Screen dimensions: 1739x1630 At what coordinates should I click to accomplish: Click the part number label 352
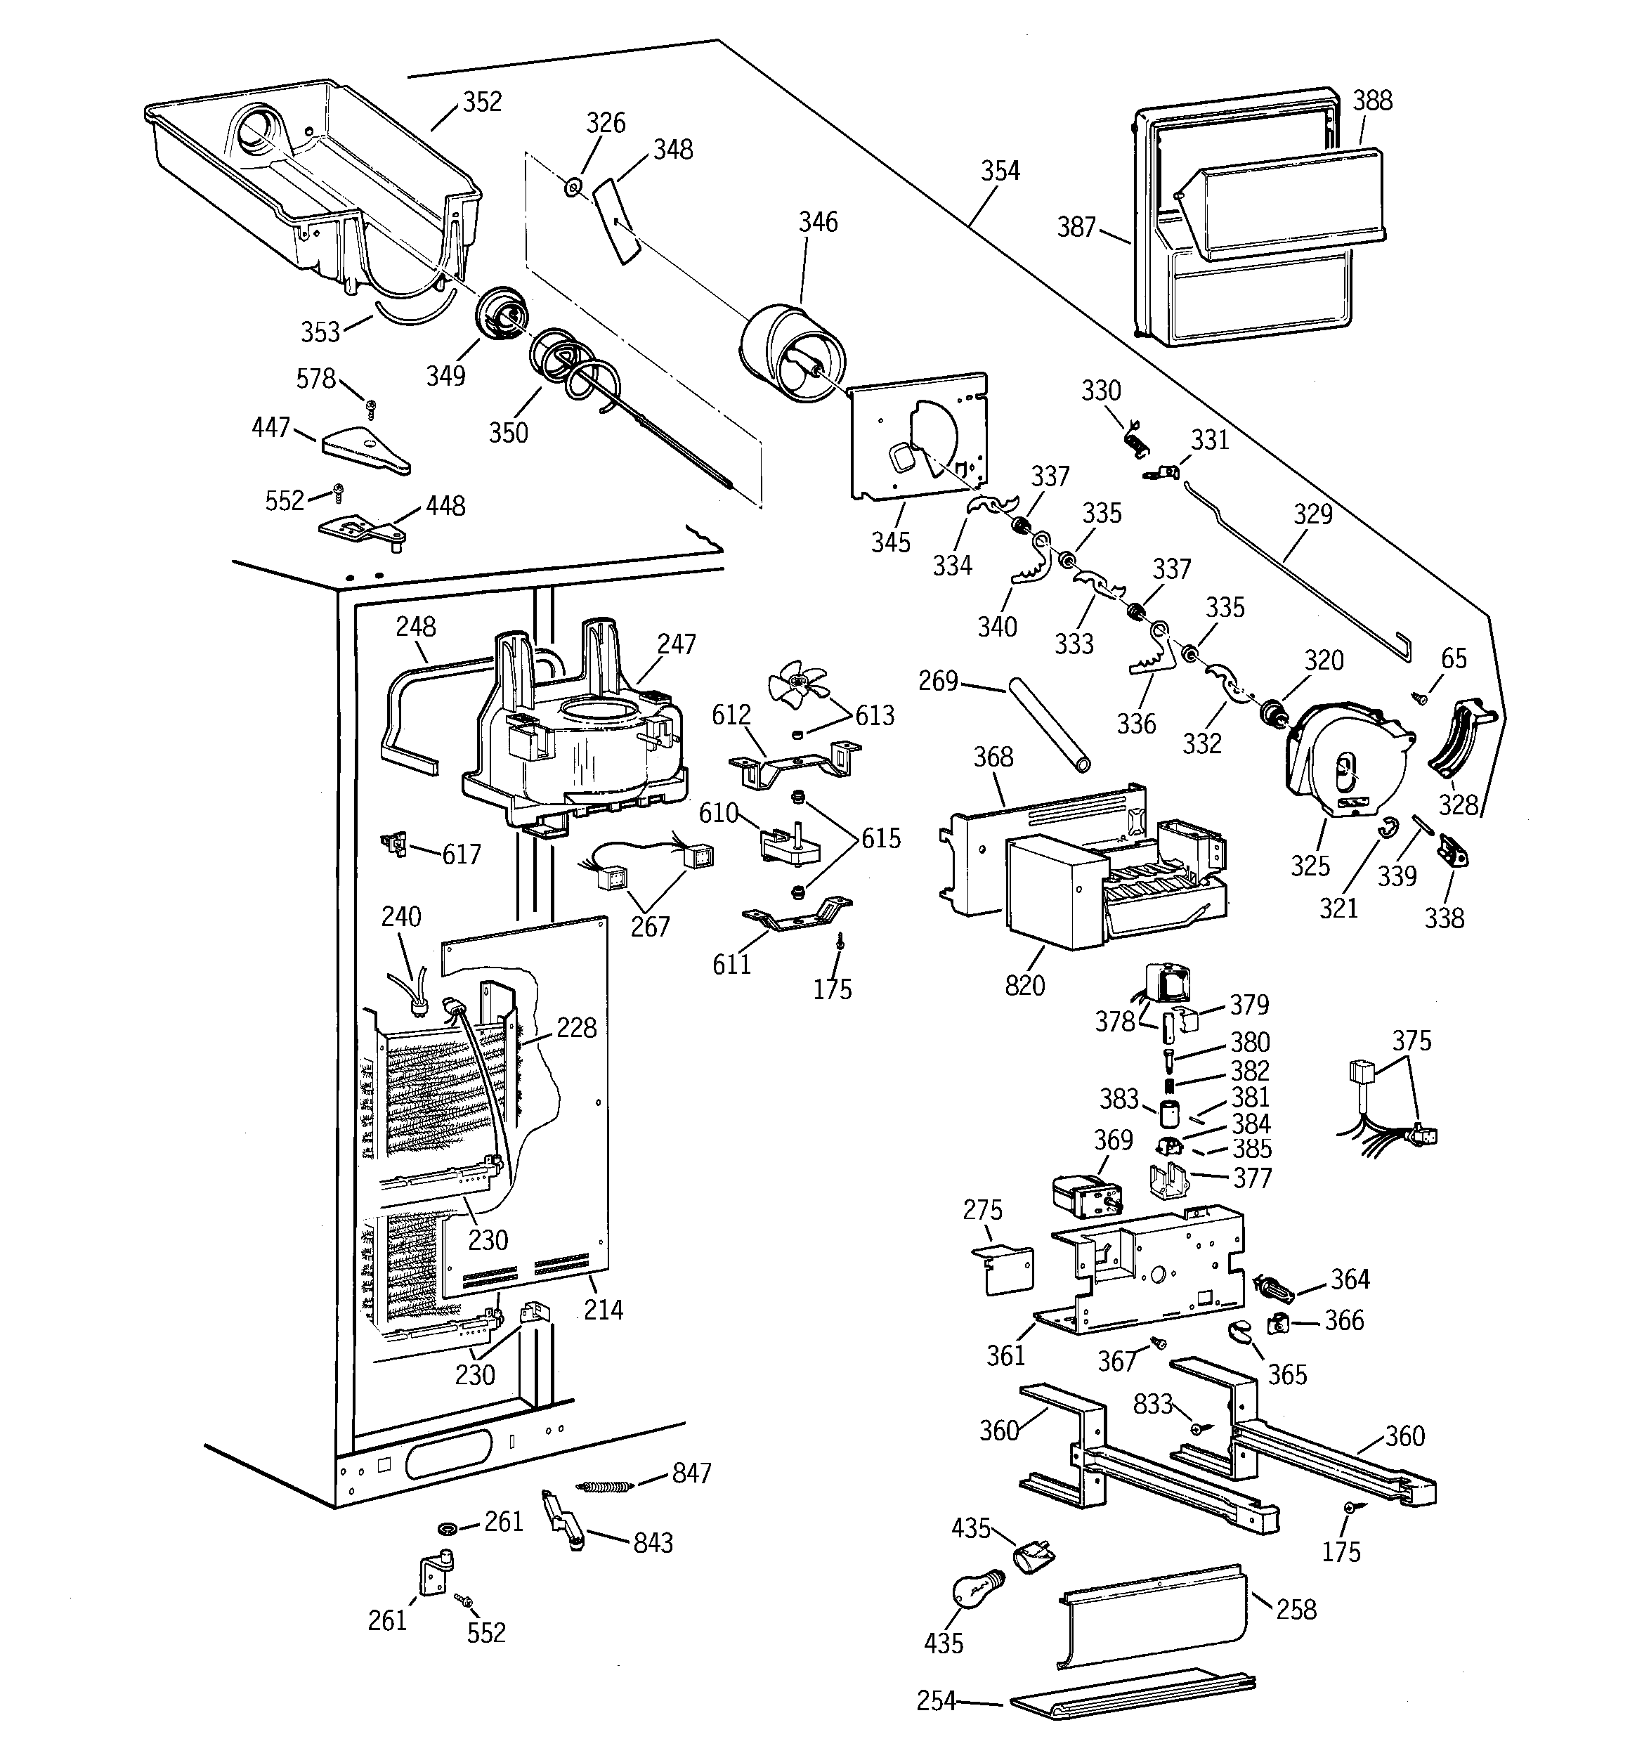click(482, 103)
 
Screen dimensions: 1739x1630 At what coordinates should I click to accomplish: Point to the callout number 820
click(1024, 986)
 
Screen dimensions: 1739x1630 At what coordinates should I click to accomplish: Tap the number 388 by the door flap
click(1372, 100)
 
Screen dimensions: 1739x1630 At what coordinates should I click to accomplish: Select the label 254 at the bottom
click(935, 1700)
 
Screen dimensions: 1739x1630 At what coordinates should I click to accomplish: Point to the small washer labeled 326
click(574, 185)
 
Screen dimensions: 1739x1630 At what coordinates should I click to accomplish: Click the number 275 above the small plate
click(982, 1211)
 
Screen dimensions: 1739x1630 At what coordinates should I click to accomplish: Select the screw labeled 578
click(371, 406)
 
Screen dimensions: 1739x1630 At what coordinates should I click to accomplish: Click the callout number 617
click(461, 854)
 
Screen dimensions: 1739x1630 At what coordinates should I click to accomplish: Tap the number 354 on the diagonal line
click(1000, 171)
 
